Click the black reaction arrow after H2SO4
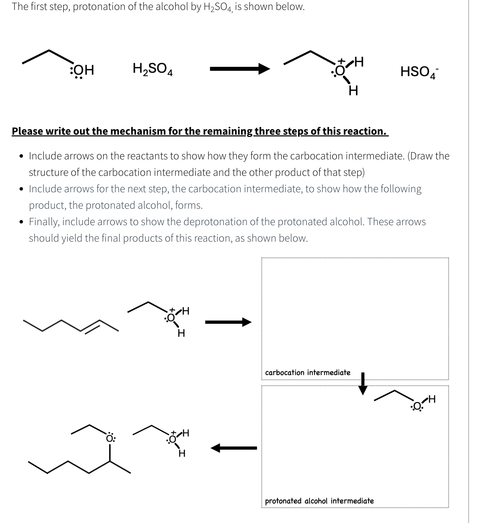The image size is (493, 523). (x=240, y=69)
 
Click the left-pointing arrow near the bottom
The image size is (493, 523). (x=233, y=448)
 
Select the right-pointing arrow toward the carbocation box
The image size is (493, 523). (x=228, y=322)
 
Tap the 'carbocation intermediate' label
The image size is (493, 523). (x=308, y=373)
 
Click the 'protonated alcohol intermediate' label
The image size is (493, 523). (x=319, y=501)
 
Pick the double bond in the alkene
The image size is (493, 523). (x=91, y=326)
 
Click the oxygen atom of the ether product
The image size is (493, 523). (x=110, y=438)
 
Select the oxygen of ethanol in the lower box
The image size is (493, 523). (x=417, y=407)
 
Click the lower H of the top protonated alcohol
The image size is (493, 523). (x=353, y=91)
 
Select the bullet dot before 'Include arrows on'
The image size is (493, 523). (x=22, y=156)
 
